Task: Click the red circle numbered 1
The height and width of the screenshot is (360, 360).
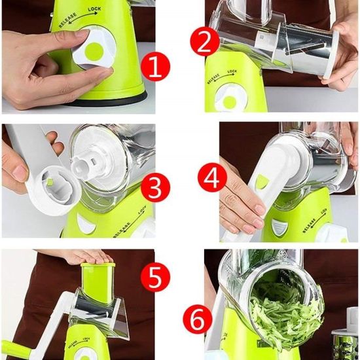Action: (x=155, y=66)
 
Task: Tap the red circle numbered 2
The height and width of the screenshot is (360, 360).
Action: (x=204, y=41)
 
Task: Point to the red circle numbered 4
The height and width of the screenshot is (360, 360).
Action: (x=212, y=177)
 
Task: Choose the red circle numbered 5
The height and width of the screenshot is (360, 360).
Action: (x=155, y=277)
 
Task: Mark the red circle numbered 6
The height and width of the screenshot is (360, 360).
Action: (x=198, y=319)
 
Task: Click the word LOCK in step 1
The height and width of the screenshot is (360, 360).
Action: (x=94, y=9)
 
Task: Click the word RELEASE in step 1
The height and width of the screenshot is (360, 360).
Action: (x=67, y=20)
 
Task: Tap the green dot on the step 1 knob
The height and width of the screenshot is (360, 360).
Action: (x=94, y=52)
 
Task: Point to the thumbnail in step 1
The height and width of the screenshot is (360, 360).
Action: (x=82, y=33)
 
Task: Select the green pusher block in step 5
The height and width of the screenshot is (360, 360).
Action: (x=98, y=282)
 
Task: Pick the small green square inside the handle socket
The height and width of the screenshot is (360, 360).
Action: (x=50, y=182)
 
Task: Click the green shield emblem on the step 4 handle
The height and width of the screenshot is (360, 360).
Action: (x=261, y=181)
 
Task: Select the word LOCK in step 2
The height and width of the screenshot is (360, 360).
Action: (x=232, y=71)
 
